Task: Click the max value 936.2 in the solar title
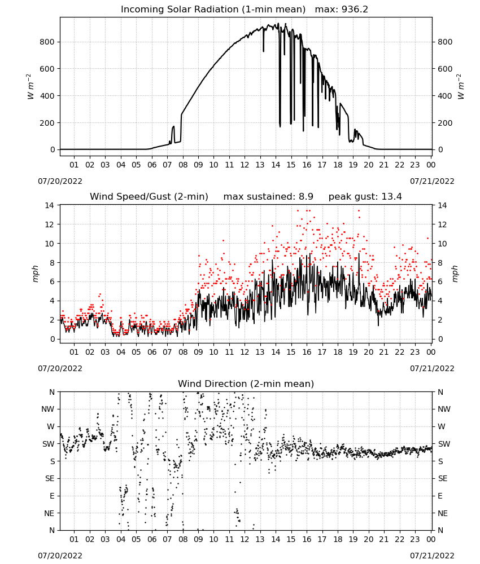(355, 9)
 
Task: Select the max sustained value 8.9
(306, 196)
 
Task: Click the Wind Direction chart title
(246, 384)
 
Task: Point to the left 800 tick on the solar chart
(47, 42)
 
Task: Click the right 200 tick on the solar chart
(445, 122)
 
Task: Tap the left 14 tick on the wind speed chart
(49, 205)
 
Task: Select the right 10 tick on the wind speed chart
(442, 244)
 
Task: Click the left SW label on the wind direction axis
(48, 444)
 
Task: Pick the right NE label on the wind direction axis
(443, 513)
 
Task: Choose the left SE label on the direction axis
(50, 478)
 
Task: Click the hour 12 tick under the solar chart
(245, 165)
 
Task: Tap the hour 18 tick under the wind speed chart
(337, 352)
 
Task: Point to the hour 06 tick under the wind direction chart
(151, 539)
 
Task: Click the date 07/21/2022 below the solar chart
(432, 181)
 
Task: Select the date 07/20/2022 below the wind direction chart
(60, 556)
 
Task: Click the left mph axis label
(35, 274)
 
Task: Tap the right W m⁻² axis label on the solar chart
(461, 87)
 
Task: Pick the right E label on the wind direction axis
(440, 496)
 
